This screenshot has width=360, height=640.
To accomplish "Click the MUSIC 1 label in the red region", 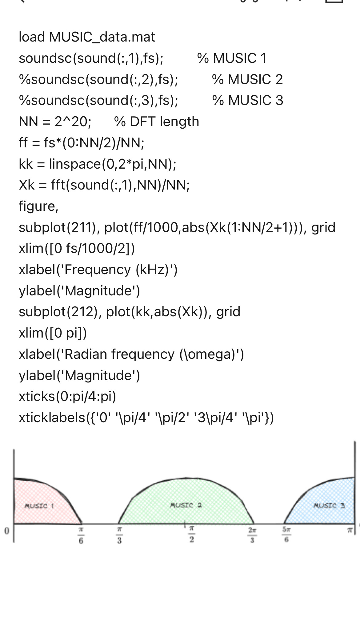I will (39, 506).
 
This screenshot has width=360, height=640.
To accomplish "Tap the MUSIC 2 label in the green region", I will (186, 505).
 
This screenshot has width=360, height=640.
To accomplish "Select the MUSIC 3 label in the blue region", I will (329, 505).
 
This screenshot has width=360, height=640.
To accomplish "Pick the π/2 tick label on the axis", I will (191, 534).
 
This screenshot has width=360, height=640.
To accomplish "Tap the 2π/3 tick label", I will (252, 535).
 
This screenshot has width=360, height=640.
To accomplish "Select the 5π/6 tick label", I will (286, 535).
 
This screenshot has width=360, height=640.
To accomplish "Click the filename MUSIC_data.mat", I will (102, 37).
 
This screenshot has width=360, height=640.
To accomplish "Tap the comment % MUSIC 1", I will (232, 58).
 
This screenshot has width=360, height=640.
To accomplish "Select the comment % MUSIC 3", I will (248, 100).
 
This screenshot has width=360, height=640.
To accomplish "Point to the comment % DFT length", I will (156, 122).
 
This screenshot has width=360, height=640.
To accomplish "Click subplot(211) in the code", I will (57, 227).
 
